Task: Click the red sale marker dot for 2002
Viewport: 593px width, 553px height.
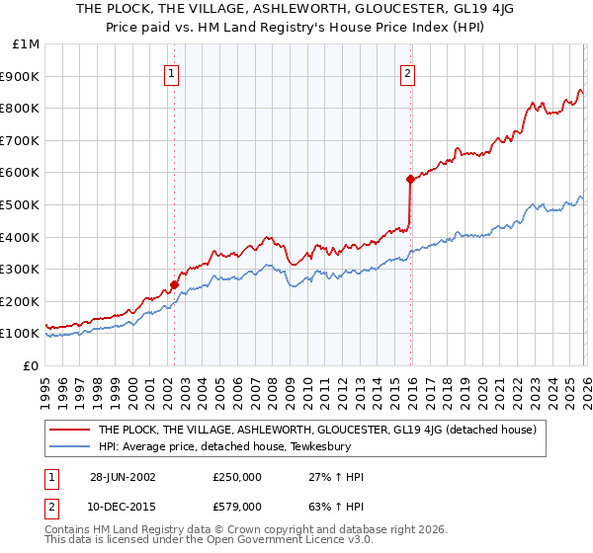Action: point(175,284)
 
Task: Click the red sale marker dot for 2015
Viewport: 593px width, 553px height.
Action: point(408,179)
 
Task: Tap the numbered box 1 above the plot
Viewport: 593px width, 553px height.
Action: point(172,72)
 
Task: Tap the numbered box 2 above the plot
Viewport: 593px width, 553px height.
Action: point(406,72)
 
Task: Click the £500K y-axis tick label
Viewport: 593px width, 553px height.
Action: point(21,204)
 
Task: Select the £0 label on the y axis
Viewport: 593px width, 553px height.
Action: point(31,365)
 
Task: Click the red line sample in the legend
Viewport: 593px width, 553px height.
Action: point(69,430)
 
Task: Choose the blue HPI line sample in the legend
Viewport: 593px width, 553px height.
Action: point(69,445)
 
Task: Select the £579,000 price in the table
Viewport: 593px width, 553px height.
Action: point(237,506)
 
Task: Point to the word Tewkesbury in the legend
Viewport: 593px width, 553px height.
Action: point(287,445)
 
